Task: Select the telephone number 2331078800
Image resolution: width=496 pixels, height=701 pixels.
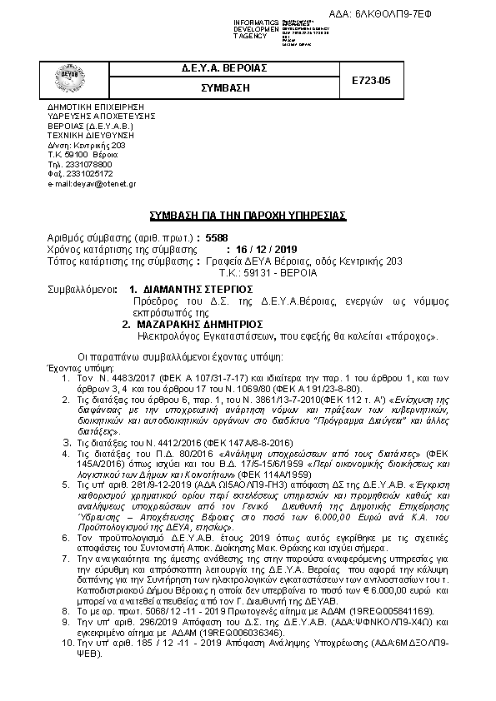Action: point(80,164)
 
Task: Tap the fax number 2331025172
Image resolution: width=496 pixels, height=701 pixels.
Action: point(80,173)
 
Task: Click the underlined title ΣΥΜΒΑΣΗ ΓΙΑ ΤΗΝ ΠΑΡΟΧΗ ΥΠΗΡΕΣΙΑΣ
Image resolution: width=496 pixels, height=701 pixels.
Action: point(248,215)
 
